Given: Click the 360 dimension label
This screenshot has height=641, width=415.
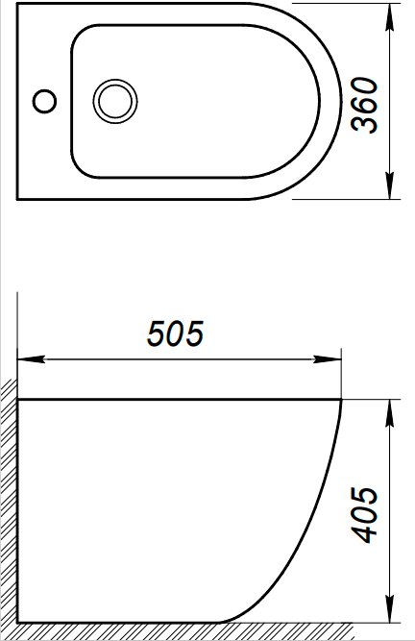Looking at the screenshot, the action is [x=365, y=105].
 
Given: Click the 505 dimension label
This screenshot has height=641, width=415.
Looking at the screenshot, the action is [x=175, y=334].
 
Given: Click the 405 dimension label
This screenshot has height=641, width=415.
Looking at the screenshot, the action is [x=365, y=514].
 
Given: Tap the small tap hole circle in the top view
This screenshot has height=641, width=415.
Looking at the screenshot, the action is [x=44, y=101].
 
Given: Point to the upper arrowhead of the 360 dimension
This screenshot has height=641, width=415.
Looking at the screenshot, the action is [x=391, y=17].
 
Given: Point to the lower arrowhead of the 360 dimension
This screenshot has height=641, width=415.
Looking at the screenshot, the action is [x=391, y=185].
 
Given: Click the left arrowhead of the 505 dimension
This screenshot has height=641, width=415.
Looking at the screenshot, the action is [x=31, y=359].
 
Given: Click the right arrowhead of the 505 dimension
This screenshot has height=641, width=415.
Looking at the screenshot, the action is [x=328, y=359].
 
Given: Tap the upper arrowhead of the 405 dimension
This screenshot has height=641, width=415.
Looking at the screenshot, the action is [x=391, y=413].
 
